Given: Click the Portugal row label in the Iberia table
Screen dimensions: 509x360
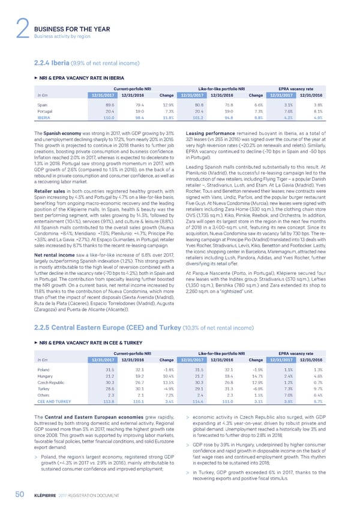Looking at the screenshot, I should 46,111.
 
